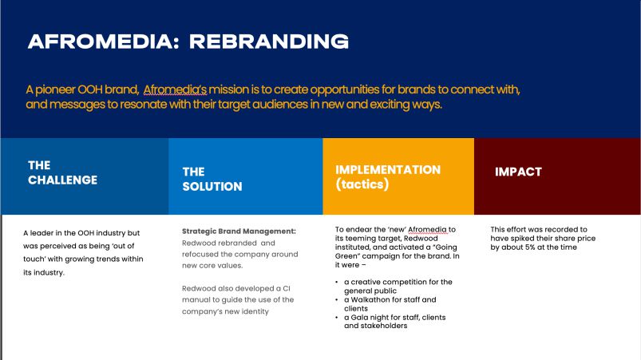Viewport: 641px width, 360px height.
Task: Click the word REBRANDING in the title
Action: [269, 42]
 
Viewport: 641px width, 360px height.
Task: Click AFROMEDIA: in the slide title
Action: [104, 42]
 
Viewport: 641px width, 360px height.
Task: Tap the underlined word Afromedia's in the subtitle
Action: [175, 89]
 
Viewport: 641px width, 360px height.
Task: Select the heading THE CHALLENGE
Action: [62, 172]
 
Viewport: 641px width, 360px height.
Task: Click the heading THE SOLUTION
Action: [212, 179]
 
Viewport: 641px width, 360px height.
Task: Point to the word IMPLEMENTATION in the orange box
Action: [388, 169]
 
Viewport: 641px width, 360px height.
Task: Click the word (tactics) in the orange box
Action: [362, 184]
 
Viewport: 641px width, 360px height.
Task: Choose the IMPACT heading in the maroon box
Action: [518, 172]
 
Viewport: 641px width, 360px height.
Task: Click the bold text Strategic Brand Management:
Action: [239, 231]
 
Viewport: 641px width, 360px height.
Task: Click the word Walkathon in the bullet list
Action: [370, 299]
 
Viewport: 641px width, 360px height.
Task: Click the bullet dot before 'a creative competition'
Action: [336, 282]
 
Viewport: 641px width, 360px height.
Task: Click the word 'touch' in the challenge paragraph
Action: [34, 259]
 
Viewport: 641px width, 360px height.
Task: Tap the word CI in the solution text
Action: [287, 288]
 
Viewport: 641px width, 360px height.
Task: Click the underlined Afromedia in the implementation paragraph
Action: [428, 230]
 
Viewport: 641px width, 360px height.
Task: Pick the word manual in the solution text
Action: [195, 300]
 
